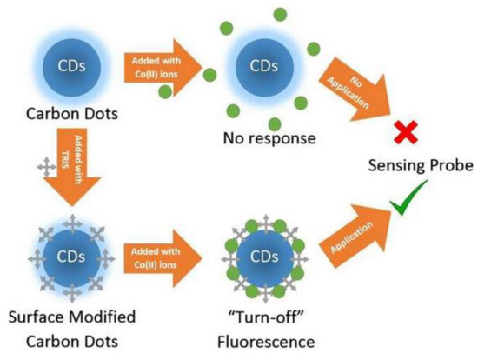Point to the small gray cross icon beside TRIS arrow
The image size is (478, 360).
coord(37,165)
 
